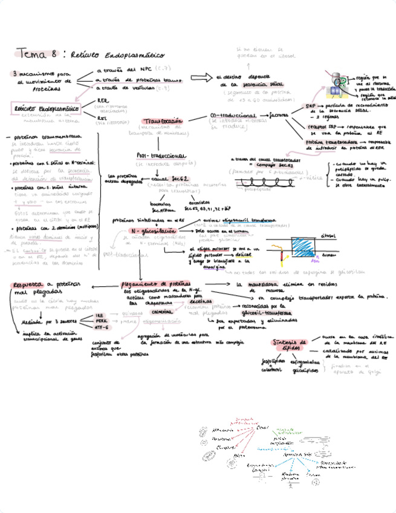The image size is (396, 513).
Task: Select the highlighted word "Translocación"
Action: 164,120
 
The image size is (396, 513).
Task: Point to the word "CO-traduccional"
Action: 232,115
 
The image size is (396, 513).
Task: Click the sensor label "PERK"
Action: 102,321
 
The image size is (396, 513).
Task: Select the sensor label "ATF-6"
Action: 102,327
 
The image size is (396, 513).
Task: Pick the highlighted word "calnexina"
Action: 162,312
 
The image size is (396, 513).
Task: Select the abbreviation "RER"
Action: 103,100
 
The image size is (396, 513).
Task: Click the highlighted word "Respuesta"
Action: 28,284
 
